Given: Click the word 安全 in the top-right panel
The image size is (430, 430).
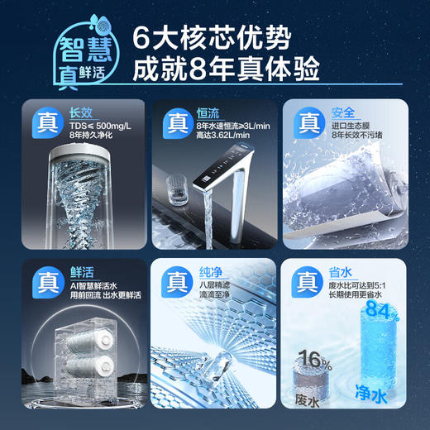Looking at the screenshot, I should pyautogui.click(x=341, y=113).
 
